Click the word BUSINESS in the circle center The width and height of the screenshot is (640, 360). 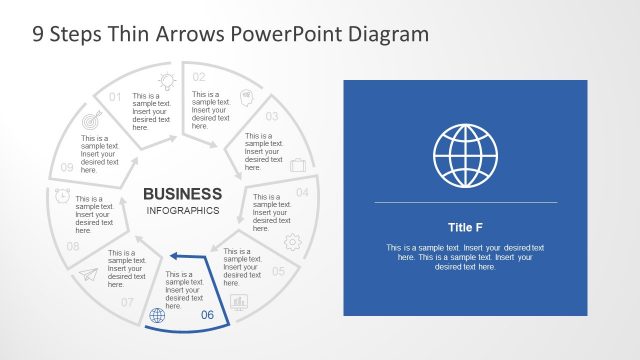[x=182, y=193]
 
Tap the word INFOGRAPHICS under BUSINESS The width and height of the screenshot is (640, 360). [x=182, y=211]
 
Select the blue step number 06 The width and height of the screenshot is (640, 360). [x=208, y=316]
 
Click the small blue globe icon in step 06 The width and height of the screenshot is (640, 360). [x=156, y=317]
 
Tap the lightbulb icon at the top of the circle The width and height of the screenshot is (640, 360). [x=165, y=81]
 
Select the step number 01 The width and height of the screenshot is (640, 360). [x=115, y=97]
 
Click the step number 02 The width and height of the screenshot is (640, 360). [x=199, y=77]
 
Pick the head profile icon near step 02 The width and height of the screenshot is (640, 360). [x=245, y=100]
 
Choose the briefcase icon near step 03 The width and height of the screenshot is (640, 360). [x=297, y=166]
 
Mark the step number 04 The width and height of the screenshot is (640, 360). [x=302, y=191]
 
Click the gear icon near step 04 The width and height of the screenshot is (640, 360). [x=293, y=241]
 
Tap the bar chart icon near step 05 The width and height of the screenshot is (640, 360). [x=239, y=301]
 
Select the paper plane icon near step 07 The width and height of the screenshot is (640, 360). [x=90, y=275]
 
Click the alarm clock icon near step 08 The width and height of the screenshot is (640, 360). [x=62, y=195]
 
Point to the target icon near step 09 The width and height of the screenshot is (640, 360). [x=92, y=121]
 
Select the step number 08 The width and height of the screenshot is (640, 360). [x=72, y=246]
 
